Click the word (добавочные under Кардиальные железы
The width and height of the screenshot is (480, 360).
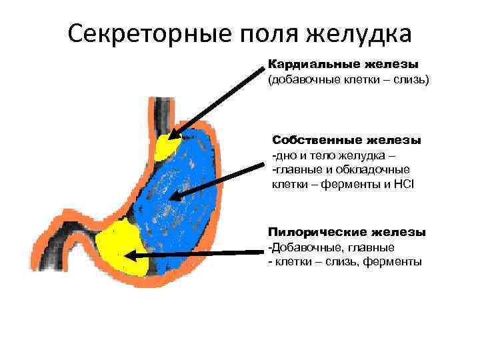point(302,80)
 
